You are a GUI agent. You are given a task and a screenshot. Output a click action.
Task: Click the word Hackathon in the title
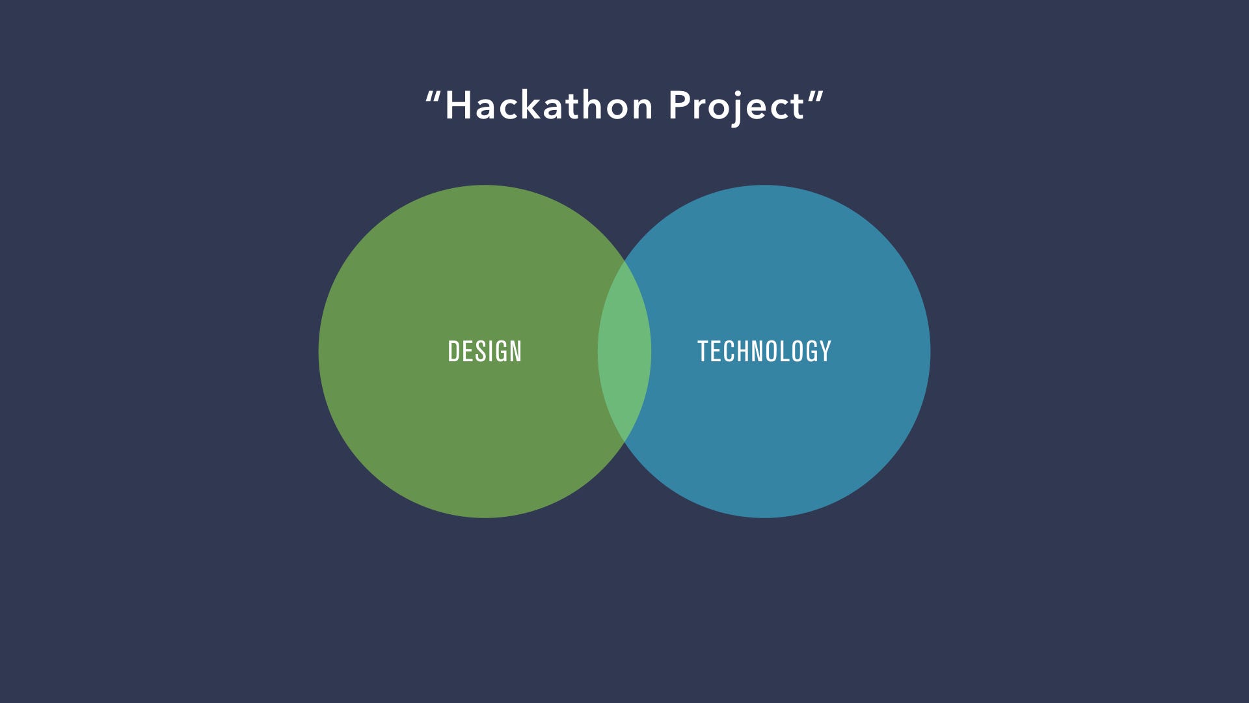point(549,105)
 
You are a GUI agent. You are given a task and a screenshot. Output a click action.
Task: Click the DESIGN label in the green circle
point(485,351)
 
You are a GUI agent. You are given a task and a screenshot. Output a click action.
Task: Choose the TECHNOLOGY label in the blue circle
point(764,351)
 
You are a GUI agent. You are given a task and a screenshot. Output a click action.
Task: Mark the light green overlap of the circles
point(624,351)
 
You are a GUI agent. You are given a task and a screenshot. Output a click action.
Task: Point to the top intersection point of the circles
point(624,260)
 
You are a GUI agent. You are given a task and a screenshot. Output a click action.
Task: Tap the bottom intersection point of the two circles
point(624,443)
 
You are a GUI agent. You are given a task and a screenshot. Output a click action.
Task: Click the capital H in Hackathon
point(458,105)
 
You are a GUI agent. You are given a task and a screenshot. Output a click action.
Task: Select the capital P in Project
point(680,105)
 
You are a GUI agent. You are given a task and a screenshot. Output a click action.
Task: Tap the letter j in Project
point(738,109)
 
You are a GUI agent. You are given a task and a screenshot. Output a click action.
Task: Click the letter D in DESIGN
point(453,351)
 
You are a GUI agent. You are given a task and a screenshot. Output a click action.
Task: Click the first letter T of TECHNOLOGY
point(703,351)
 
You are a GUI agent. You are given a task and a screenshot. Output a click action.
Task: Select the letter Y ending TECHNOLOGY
point(826,351)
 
